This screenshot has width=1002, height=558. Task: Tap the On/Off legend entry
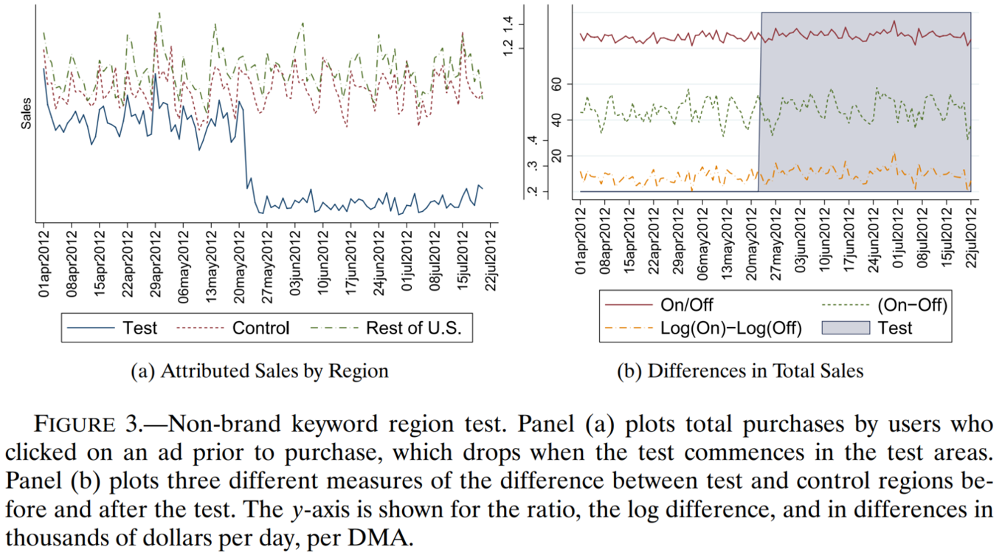pyautogui.click(x=686, y=304)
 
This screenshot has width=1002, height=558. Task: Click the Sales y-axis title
pyautogui.click(x=27, y=114)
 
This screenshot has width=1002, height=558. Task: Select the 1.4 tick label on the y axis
pyautogui.click(x=508, y=25)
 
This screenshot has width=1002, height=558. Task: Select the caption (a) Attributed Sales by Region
pyautogui.click(x=259, y=371)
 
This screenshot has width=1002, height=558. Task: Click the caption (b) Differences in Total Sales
pyautogui.click(x=739, y=371)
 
